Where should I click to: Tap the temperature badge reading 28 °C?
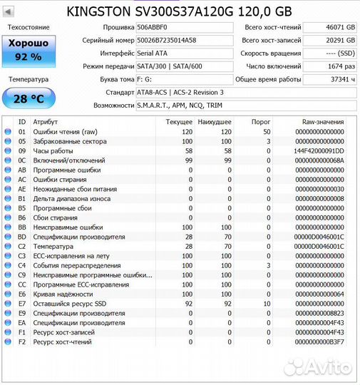pyautogui.click(x=29, y=98)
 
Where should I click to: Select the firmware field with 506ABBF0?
pyautogui.click(x=184, y=27)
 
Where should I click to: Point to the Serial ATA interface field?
pyautogui.click(x=184, y=53)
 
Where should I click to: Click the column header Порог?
pyautogui.click(x=261, y=122)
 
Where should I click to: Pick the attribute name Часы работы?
pyautogui.click(x=53, y=151)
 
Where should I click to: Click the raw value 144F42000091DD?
pyautogui.click(x=318, y=151)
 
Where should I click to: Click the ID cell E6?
pyautogui.click(x=21, y=294)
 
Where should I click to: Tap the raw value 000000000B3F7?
pyautogui.click(x=318, y=342)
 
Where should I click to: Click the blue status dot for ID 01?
pyautogui.click(x=8, y=132)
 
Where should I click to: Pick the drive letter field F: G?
pyautogui.click(x=184, y=79)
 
